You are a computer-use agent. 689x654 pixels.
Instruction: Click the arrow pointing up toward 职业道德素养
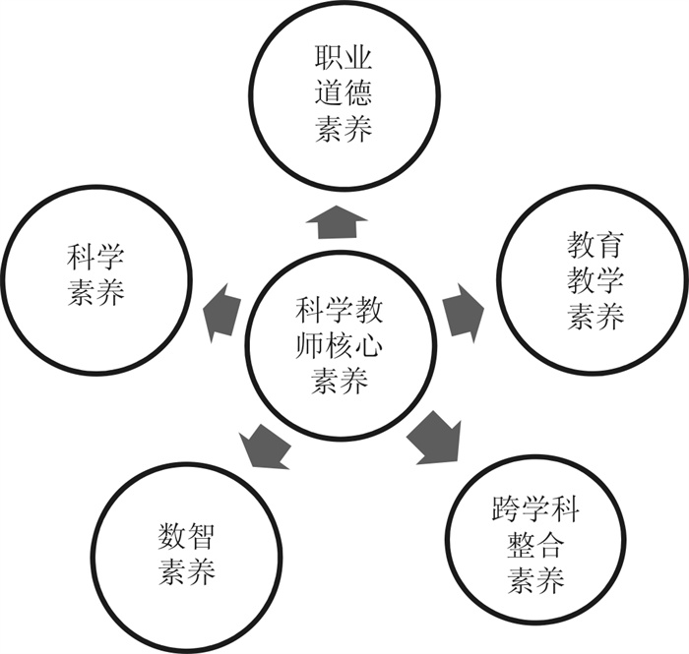point(337,222)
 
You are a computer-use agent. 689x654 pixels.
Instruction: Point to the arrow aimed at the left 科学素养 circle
point(221,309)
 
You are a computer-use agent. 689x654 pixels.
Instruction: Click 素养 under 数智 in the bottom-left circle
point(187,571)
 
